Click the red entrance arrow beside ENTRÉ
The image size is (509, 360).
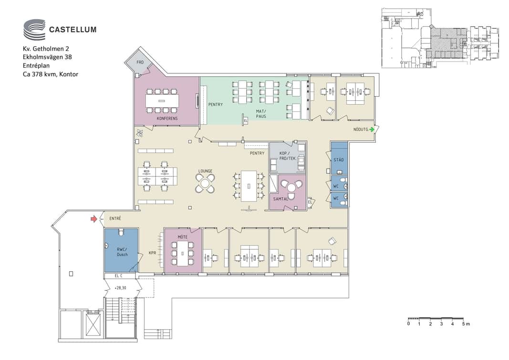tap(94, 219)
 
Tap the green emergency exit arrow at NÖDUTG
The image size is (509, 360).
tap(372, 129)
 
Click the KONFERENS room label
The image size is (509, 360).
tap(167, 118)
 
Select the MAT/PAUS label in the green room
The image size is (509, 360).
tap(261, 114)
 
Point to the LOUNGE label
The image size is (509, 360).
tap(205, 171)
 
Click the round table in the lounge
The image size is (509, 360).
tap(205, 183)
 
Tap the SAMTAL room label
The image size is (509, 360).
tap(280, 199)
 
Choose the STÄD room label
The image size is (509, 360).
tap(339, 160)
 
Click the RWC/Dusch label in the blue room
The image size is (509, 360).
tap(122, 252)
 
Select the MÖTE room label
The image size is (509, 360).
tap(182, 237)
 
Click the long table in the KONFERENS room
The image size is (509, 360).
tap(162, 101)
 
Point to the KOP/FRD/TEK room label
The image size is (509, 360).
tap(288, 156)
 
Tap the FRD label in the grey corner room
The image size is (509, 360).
tap(140, 62)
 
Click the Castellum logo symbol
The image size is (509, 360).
tap(34, 29)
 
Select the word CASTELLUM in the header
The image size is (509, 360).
tap(73, 30)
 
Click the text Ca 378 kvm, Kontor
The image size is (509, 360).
tap(50, 74)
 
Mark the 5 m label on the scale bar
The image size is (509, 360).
tap(466, 324)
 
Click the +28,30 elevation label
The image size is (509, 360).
tap(120, 288)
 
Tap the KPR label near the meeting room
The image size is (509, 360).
tap(152, 253)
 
